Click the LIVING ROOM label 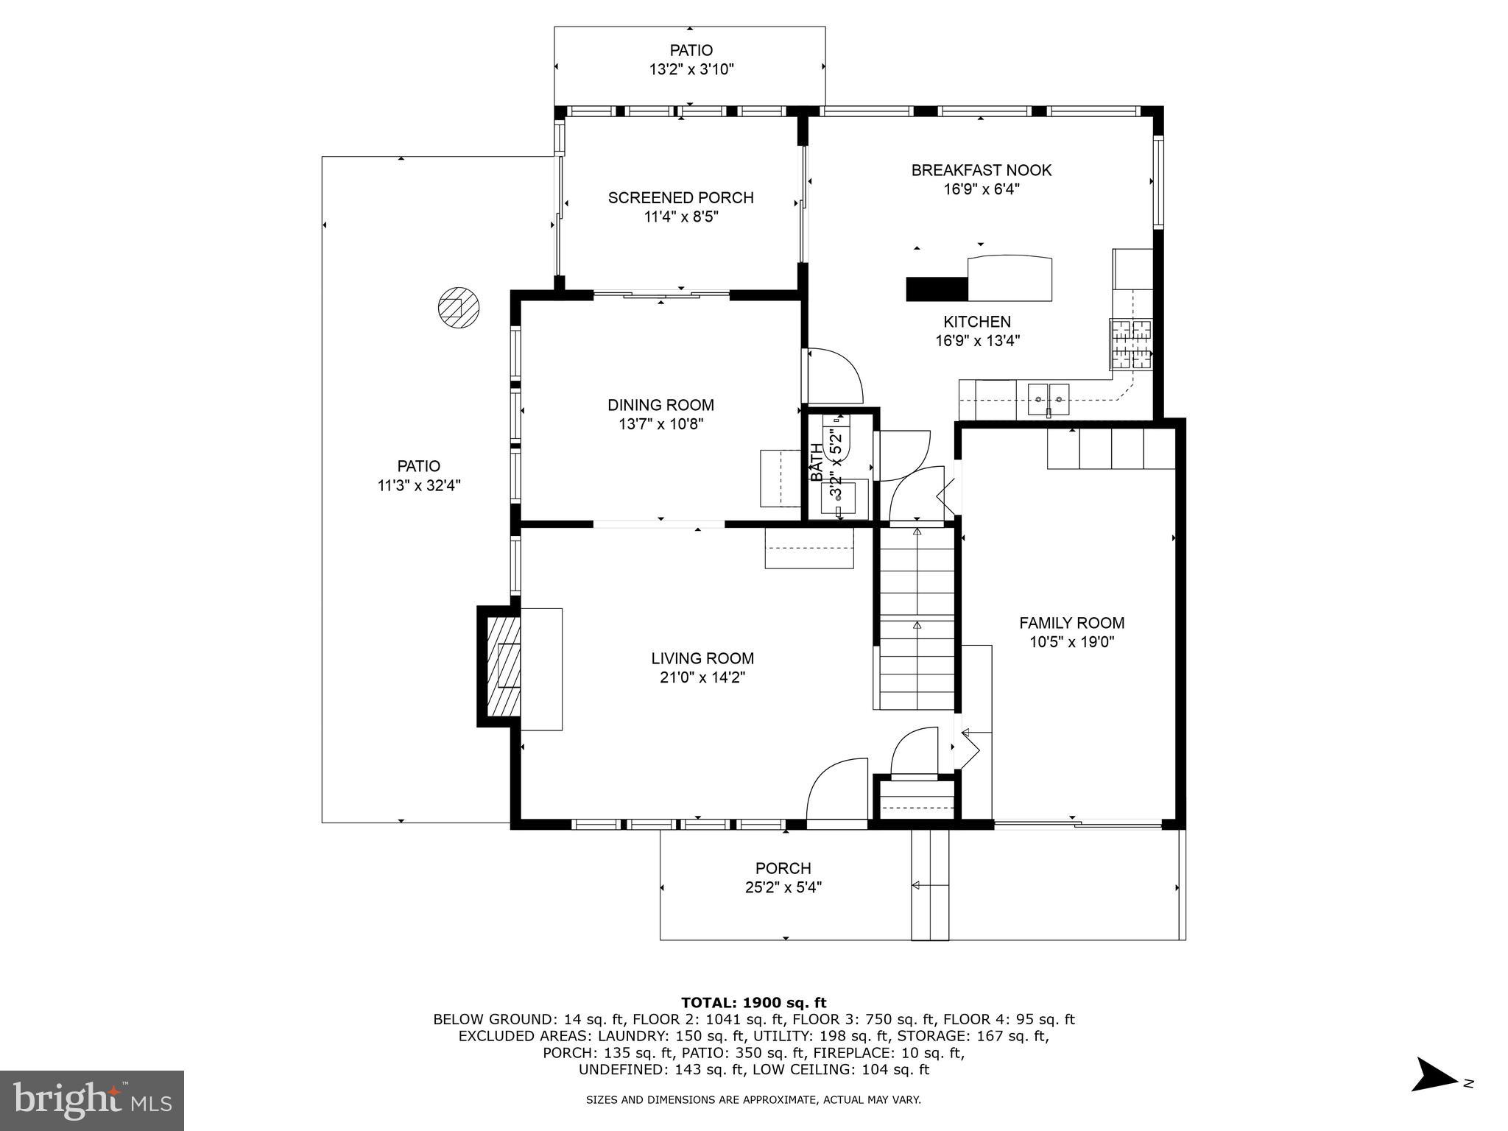pyautogui.click(x=702, y=658)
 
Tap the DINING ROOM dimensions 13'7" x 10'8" pyautogui.click(x=660, y=424)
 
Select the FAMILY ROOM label pyautogui.click(x=1071, y=623)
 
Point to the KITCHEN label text pyautogui.click(x=977, y=322)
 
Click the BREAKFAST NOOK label pyautogui.click(x=981, y=170)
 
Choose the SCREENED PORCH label pyautogui.click(x=680, y=197)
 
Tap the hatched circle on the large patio pyautogui.click(x=458, y=307)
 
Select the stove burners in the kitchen pyautogui.click(x=1131, y=344)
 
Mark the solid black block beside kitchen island pyautogui.click(x=936, y=289)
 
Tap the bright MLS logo pyautogui.click(x=92, y=1100)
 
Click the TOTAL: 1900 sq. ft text pyautogui.click(x=753, y=1002)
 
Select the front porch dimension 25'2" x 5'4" pyautogui.click(x=783, y=887)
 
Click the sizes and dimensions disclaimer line pyautogui.click(x=753, y=1100)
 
